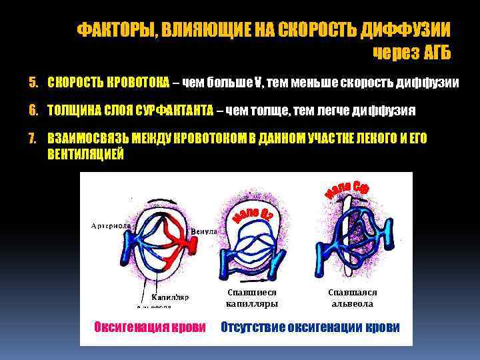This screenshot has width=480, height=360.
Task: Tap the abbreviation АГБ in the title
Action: [x=433, y=52]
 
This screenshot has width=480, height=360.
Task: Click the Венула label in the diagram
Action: [x=204, y=232]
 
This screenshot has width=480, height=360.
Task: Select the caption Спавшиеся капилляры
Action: [x=251, y=298]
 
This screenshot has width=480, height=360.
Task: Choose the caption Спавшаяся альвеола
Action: [x=353, y=298]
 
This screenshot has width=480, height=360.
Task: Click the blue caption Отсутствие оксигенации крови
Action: [x=311, y=327]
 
